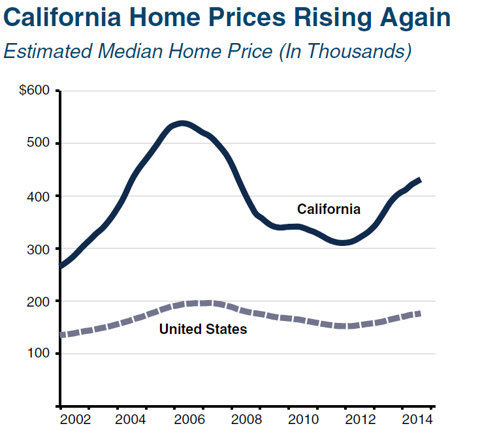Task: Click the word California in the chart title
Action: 65,18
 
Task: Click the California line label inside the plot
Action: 328,209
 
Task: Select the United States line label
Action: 203,329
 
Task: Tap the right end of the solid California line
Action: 420,179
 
